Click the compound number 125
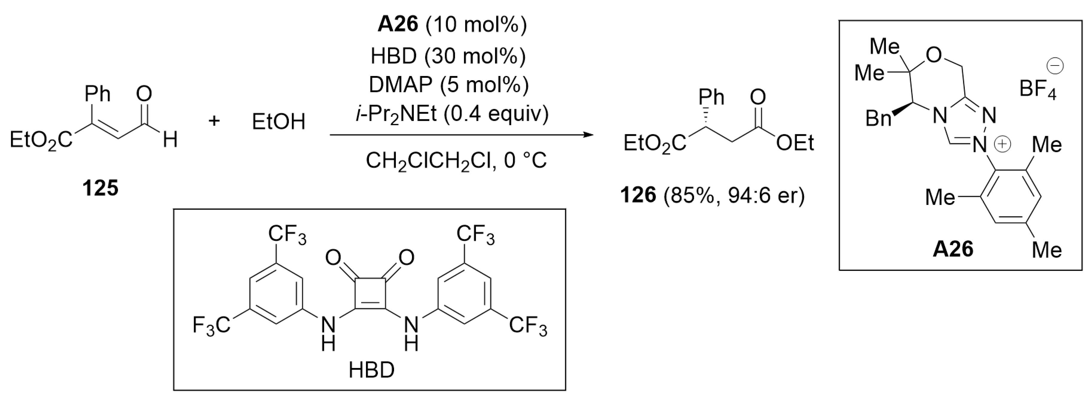pos(100,188)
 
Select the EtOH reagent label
pos(278,122)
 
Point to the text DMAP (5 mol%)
pos(448,85)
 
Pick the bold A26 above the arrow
pos(397,25)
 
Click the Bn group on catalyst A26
pos(878,119)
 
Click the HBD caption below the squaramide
pos(371,370)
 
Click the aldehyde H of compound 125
pos(170,139)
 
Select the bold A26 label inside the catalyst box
pos(953,249)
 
